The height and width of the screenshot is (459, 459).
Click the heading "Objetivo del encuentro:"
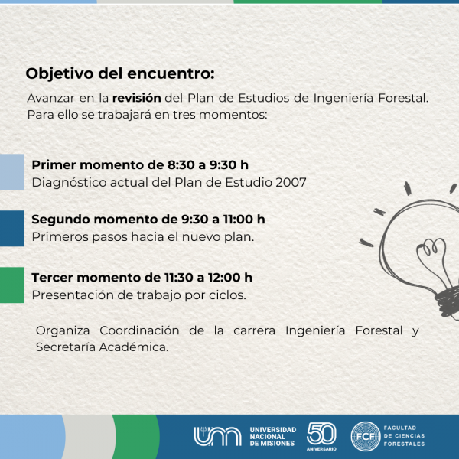[x=120, y=73]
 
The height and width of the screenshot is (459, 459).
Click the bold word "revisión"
[x=137, y=98]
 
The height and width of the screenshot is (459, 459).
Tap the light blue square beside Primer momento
[x=12, y=172]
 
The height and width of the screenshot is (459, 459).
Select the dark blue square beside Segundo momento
[x=12, y=228]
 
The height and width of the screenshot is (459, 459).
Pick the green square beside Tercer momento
[x=12, y=285]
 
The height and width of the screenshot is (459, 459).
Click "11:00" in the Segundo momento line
[x=238, y=220]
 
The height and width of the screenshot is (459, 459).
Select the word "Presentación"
[x=73, y=295]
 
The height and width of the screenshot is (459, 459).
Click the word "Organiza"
[x=63, y=330]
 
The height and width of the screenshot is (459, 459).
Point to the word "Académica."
[x=134, y=347]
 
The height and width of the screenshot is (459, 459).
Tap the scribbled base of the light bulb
[x=447, y=301]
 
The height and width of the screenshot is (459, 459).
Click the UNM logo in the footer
[x=217, y=437]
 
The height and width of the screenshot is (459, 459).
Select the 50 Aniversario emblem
[x=321, y=437]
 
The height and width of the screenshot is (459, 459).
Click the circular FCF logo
[x=366, y=437]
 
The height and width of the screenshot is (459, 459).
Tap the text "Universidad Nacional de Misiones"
[x=273, y=437]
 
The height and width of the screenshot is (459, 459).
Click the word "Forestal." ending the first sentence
[x=403, y=98]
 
